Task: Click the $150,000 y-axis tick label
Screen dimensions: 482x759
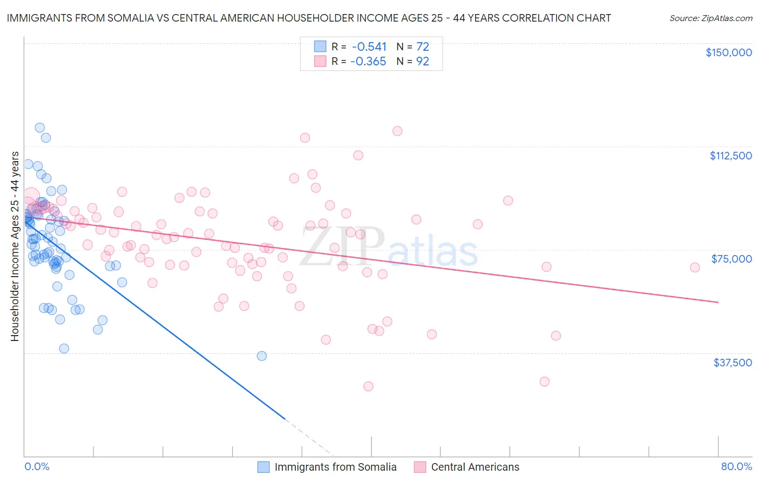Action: (x=728, y=52)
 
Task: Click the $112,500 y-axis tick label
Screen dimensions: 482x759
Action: (x=730, y=156)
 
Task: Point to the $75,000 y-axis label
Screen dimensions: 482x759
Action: (x=731, y=259)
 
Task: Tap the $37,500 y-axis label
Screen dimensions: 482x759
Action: (x=732, y=363)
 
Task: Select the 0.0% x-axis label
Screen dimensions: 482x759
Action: (x=37, y=466)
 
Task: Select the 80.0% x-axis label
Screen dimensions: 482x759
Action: (x=736, y=466)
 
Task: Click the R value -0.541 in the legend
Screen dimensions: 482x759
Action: (x=369, y=46)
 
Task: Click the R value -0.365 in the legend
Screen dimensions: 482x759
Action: (x=368, y=61)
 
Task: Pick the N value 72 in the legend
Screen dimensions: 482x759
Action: (x=422, y=46)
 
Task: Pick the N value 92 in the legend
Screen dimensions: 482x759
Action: (x=422, y=61)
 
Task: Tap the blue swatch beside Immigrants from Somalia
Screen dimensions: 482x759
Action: (x=263, y=467)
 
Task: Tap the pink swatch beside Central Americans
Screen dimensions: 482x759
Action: (x=419, y=467)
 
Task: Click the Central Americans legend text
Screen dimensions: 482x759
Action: (x=475, y=467)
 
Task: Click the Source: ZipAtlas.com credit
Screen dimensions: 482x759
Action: (x=710, y=18)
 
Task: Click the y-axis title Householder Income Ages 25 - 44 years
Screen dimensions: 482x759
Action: (x=15, y=246)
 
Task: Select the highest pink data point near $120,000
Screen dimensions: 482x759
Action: (x=397, y=131)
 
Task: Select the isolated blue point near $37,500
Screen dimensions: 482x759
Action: (x=262, y=356)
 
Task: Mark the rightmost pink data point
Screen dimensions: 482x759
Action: (x=695, y=267)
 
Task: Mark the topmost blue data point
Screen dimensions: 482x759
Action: (x=39, y=128)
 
